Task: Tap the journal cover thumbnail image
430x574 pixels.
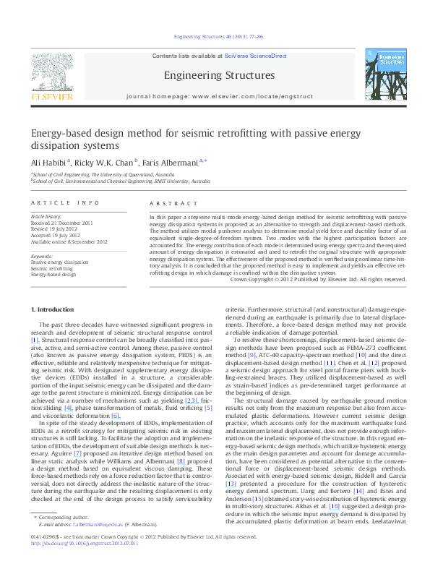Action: pyautogui.click(x=382, y=77)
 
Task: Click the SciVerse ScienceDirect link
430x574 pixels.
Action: pyautogui.click(x=255, y=56)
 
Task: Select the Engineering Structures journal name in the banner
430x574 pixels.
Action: pyautogui.click(x=219, y=75)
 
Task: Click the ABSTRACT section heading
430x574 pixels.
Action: pyautogui.click(x=167, y=203)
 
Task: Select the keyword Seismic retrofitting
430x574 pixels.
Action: pyautogui.click(x=53, y=268)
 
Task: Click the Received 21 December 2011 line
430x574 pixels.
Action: pyautogui.click(x=61, y=222)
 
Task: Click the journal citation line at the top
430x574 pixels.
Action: pyautogui.click(x=215, y=35)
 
